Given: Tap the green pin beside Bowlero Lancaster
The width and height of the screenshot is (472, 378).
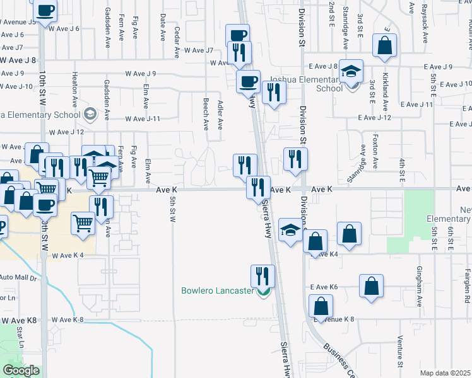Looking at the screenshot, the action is (264, 291).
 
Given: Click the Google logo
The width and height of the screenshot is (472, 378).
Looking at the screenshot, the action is (21, 370).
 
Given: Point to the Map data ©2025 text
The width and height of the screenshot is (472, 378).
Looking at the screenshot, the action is (444, 373).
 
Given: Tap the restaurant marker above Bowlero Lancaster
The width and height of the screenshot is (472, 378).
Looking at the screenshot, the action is (263, 275).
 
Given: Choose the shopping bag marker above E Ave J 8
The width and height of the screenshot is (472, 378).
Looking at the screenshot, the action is (384, 45).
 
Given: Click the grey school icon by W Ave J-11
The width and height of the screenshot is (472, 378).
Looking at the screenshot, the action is (90, 114).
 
